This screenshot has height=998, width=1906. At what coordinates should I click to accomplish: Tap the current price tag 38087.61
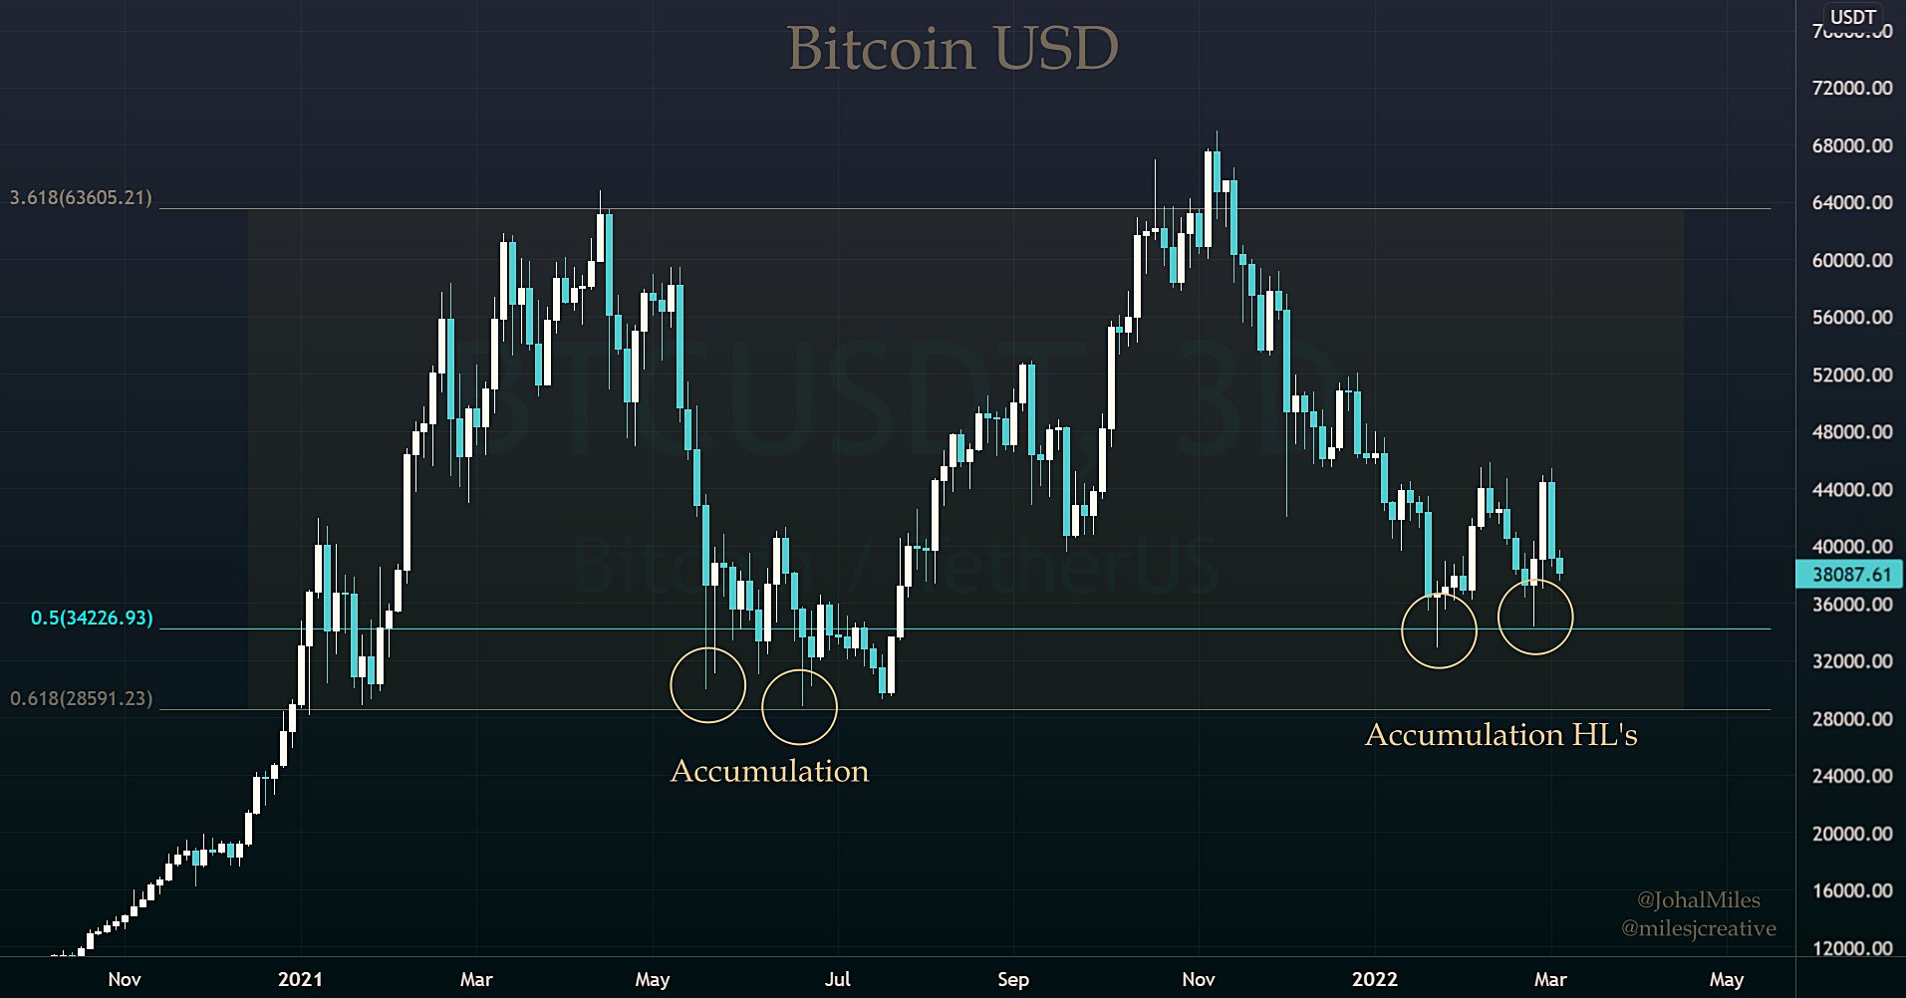coord(1850,574)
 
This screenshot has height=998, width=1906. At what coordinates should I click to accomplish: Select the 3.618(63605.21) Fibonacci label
coord(82,197)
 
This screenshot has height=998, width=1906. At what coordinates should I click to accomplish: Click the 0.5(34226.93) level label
coord(92,618)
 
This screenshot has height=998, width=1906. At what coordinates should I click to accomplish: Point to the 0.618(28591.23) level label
coord(82,698)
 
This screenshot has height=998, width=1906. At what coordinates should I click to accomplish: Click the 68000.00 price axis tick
coord(1851,145)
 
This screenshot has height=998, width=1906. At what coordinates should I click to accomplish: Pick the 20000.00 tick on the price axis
coord(1851,834)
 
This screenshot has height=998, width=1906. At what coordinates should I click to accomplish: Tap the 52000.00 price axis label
coord(1851,374)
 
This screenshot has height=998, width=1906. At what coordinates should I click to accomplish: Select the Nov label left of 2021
coord(125,979)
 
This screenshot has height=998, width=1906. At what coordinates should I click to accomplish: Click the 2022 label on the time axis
coord(1374,979)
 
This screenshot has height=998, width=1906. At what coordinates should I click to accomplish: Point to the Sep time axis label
coord(1012,979)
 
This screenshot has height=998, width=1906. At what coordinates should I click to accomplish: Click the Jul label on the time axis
coord(837,979)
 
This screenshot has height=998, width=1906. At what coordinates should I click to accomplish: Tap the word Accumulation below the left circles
coord(769,771)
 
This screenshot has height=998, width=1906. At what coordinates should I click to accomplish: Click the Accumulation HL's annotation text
coord(1500,735)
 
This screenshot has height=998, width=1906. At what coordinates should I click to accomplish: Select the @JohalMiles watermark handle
coord(1698,899)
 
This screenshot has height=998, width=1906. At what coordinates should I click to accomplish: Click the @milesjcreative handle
coord(1698,928)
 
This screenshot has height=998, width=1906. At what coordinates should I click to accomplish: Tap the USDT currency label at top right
coord(1853,17)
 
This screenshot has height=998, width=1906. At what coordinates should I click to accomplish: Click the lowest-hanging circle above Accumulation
coord(799,707)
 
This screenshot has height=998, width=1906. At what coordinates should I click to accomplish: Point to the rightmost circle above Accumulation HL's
coord(1535,617)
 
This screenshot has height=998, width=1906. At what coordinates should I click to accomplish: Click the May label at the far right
coord(1726,979)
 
